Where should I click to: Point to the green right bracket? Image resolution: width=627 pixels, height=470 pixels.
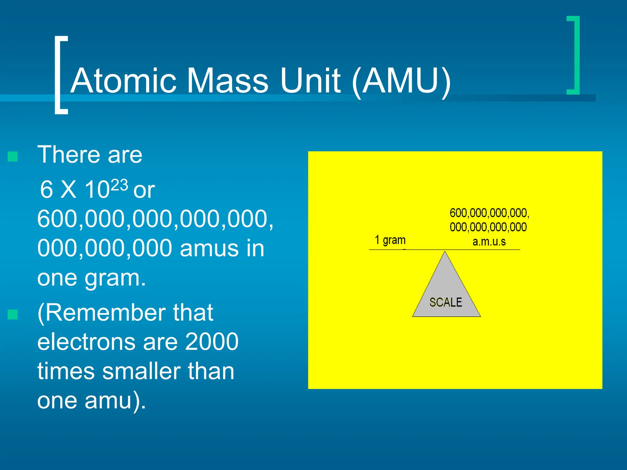point(574,55)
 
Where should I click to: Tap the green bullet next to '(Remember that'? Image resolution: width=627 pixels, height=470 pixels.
point(13,314)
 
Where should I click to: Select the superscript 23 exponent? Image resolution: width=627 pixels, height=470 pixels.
point(119,185)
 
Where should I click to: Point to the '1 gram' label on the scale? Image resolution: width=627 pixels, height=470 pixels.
point(390,240)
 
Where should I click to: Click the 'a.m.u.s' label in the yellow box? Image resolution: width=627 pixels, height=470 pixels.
point(489,242)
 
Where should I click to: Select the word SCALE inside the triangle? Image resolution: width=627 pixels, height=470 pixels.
point(446,302)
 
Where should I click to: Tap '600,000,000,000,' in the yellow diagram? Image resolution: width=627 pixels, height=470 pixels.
point(489,213)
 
